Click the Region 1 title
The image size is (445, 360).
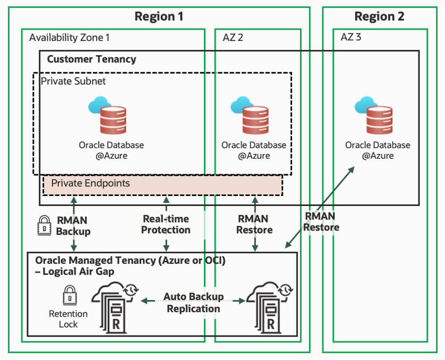159,16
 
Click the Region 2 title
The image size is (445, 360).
379,16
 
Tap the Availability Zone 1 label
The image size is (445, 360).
69,38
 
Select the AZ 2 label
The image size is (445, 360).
233,38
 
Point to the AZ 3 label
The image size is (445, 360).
352,38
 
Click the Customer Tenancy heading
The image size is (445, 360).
91,59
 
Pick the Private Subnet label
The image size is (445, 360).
73,81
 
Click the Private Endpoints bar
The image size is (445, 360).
162,184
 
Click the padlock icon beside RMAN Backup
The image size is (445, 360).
44,226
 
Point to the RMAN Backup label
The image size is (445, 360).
73,225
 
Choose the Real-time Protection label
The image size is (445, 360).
166,224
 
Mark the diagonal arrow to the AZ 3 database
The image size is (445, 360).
319,207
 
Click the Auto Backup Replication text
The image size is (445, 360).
193,302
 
